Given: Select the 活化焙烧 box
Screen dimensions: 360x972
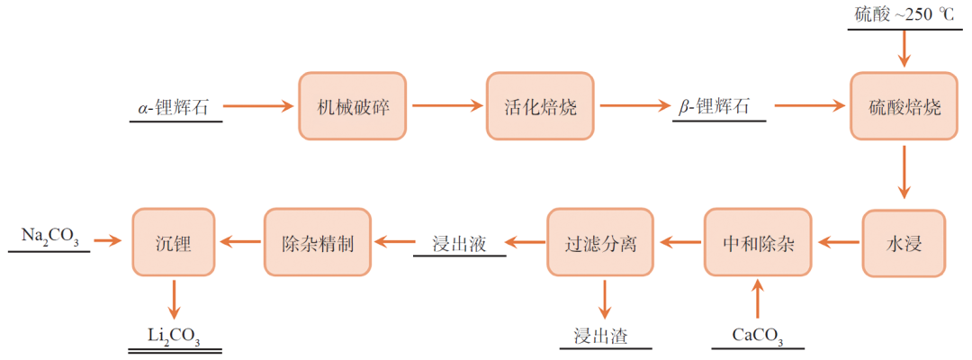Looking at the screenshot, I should click(540, 106).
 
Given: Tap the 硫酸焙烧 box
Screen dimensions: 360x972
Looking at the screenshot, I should click(904, 106).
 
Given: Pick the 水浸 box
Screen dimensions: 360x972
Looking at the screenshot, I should click(904, 242).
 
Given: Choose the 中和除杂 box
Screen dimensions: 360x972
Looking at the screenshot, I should click(759, 242).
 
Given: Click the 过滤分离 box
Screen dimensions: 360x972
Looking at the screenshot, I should click(600, 242).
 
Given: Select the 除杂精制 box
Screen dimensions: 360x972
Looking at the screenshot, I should click(318, 242).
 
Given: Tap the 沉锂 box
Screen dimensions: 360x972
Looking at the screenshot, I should click(174, 242).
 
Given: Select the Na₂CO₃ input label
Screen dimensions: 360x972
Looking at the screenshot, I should click(50, 238).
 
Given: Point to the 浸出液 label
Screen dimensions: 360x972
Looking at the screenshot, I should click(459, 243).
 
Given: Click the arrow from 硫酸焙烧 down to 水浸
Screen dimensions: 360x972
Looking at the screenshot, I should click(904, 174).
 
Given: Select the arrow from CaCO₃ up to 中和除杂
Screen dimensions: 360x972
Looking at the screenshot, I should click(758, 299).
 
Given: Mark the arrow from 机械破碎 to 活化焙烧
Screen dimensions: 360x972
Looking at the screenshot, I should click(446, 106).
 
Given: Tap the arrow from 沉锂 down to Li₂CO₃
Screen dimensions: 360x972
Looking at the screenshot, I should click(174, 298).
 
